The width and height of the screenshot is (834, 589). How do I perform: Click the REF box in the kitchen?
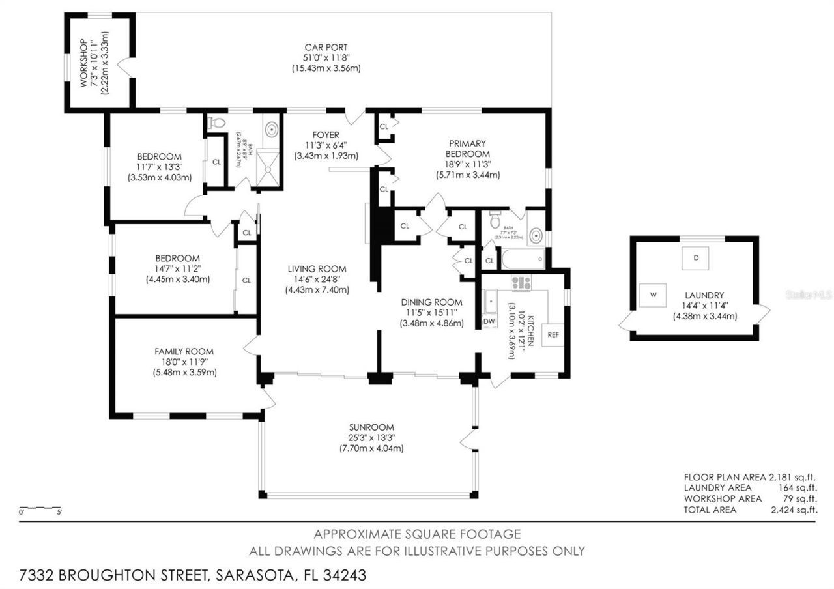[553, 335]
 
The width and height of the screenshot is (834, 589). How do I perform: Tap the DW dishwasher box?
[489, 321]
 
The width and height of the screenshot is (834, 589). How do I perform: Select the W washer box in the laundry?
[653, 295]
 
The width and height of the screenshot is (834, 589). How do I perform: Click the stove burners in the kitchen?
[521, 283]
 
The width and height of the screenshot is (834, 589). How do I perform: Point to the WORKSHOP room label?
[84, 63]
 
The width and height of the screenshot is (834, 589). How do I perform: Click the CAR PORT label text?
[326, 47]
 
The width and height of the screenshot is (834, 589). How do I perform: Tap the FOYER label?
[326, 135]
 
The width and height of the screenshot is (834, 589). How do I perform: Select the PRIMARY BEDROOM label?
[467, 148]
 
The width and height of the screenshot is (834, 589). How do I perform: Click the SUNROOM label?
[371, 427]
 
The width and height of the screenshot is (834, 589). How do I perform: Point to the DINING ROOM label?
[431, 302]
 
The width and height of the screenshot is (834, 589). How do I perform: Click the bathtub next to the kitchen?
[523, 259]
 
